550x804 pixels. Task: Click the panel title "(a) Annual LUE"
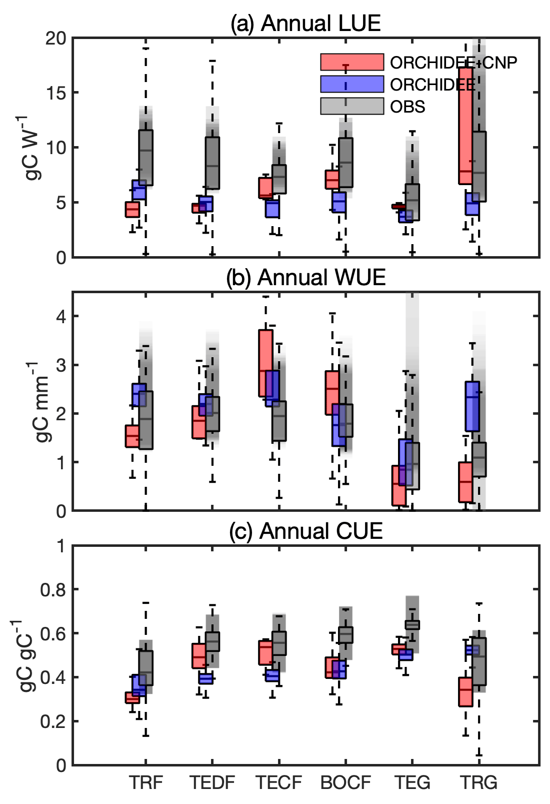click(305, 24)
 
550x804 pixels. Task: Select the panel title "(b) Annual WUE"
click(305, 278)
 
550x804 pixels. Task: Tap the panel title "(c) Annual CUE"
click(305, 531)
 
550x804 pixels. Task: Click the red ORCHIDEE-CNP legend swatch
click(352, 62)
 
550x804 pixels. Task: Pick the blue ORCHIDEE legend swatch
click(352, 84)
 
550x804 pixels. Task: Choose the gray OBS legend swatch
click(352, 106)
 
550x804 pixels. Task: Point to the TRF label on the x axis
click(146, 782)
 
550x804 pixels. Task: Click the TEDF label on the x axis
click(212, 782)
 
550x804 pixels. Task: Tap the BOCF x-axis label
click(345, 782)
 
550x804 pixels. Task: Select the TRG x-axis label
click(478, 782)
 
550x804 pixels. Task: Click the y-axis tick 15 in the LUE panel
click(55, 93)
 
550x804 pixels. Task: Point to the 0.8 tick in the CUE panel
click(52, 590)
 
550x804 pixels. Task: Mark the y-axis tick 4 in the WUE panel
click(61, 317)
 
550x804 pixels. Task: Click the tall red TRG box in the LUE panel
click(465, 125)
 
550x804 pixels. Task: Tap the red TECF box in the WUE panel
click(265, 363)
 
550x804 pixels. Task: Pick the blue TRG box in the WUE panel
click(472, 406)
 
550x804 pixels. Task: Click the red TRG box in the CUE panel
click(465, 692)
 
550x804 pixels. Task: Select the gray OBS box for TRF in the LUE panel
click(146, 158)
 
